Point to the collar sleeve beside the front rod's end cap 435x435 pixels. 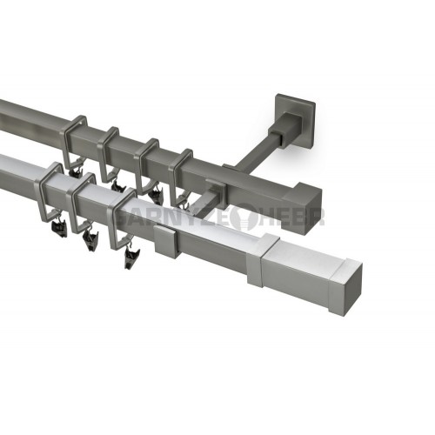pyautogui.click(x=264, y=258)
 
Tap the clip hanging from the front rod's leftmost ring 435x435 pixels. pyautogui.click(x=58, y=227)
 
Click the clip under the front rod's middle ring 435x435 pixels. pyautogui.click(x=90, y=241)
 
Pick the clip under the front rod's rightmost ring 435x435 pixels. pyautogui.click(x=130, y=256)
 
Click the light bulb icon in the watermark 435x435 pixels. pyautogui.click(x=245, y=217)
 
